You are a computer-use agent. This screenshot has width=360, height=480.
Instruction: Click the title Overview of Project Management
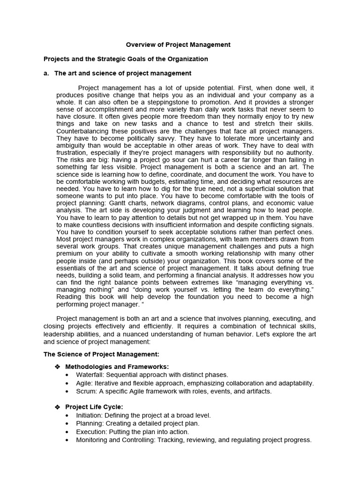pyautogui.click(x=178, y=45)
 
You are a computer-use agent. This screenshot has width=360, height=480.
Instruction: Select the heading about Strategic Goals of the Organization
pyautogui.click(x=126, y=59)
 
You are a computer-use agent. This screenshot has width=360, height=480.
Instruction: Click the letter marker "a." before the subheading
pyautogui.click(x=47, y=73)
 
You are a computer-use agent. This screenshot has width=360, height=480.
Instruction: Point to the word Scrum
pyautogui.click(x=87, y=391)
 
